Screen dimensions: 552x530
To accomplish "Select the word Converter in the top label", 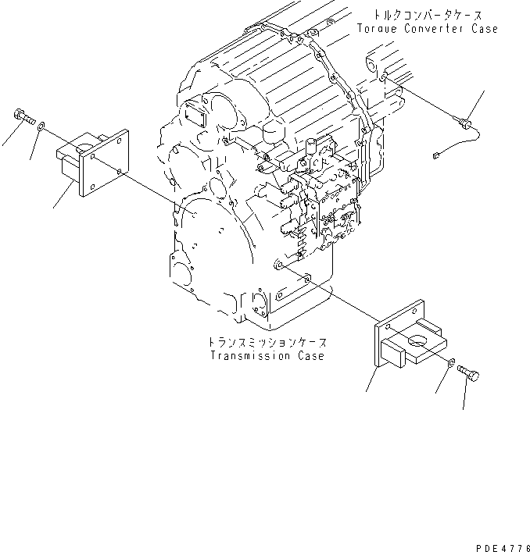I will coord(434,28).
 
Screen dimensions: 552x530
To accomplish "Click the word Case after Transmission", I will coord(312,356).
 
